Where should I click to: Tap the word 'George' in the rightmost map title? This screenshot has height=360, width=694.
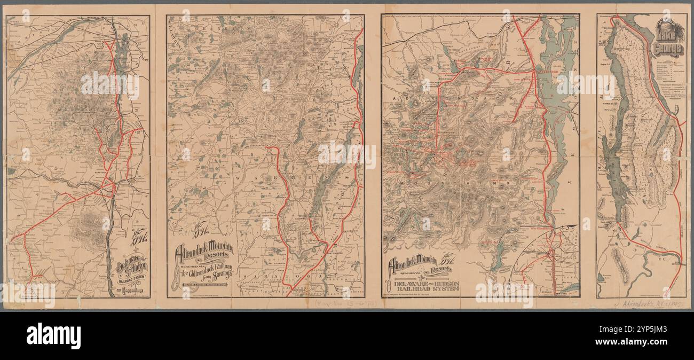point(668,50)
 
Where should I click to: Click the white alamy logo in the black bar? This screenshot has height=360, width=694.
point(53,335)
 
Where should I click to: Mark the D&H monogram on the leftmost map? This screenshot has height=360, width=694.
point(137,236)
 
